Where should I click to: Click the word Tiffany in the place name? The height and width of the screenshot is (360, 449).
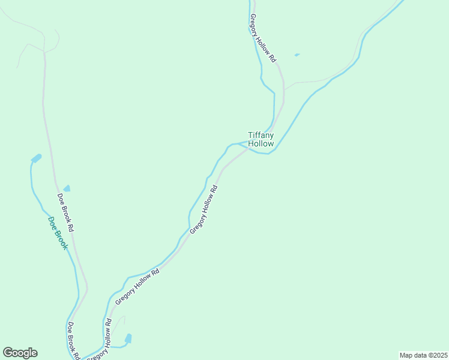(x=261, y=136)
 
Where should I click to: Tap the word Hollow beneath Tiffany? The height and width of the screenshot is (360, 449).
(x=261, y=144)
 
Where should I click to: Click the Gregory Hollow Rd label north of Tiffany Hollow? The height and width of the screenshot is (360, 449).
(x=263, y=38)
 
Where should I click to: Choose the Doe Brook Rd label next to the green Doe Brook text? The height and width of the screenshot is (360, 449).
(x=66, y=212)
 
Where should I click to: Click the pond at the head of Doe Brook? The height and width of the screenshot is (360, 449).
(x=37, y=158)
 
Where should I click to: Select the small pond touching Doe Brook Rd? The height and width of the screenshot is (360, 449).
(x=67, y=188)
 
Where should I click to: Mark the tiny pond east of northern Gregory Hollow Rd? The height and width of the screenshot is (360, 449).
(x=297, y=55)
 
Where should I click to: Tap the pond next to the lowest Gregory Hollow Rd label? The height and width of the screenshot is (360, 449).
(x=128, y=338)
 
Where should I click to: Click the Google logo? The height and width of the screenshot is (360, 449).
(x=20, y=353)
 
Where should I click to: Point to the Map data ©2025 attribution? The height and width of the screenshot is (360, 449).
(x=423, y=355)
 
